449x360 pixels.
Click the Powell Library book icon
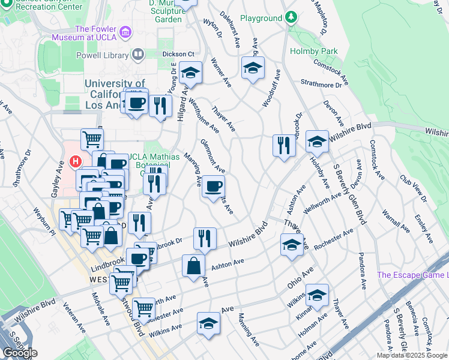[138, 55]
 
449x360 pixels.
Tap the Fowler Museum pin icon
[125, 31]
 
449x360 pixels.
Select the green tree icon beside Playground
[291, 18]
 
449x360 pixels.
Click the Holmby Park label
[314, 51]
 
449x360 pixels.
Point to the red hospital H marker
[75, 162]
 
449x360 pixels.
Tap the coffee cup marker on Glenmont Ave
[212, 187]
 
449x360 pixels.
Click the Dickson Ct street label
[178, 54]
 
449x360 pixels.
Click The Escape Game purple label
[412, 275]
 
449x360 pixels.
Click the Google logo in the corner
[20, 353]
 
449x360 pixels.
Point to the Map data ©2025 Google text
[412, 355]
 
